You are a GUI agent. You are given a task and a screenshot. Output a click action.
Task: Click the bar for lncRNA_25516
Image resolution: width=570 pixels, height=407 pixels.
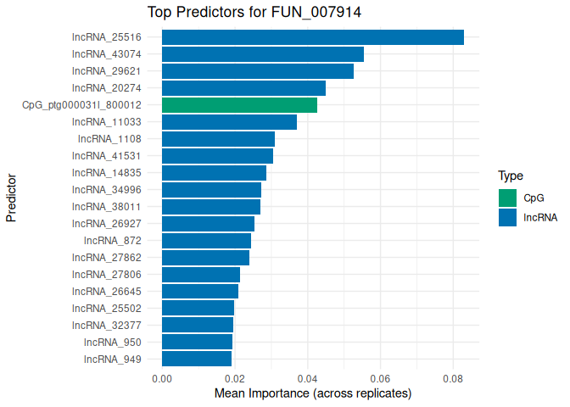(312, 37)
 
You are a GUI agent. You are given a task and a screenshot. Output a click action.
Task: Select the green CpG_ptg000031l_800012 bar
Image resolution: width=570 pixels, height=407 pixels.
(239, 105)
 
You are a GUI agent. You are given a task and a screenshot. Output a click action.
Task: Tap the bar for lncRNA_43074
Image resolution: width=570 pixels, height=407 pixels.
(262, 54)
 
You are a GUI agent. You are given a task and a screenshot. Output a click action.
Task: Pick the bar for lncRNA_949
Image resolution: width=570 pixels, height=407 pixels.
(197, 360)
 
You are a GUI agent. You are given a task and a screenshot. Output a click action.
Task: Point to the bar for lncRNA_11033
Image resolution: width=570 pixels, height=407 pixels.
(229, 122)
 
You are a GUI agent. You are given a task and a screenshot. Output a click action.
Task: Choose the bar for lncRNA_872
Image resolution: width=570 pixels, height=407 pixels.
(206, 241)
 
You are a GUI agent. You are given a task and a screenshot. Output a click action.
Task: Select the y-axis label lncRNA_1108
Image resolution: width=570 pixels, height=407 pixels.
(109, 139)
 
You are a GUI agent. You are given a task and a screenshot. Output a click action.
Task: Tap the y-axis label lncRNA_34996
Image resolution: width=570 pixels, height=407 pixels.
(106, 190)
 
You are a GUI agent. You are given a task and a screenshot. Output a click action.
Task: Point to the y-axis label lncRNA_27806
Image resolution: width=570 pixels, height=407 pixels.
(106, 275)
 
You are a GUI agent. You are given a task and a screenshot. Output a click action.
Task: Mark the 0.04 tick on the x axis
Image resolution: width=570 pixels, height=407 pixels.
(307, 379)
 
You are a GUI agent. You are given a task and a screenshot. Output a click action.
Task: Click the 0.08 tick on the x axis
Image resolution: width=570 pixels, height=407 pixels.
(453, 379)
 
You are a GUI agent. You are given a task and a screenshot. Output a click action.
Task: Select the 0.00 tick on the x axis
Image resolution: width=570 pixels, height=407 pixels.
(162, 379)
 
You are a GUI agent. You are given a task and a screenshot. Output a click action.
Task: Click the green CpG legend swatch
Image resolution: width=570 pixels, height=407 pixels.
(508, 198)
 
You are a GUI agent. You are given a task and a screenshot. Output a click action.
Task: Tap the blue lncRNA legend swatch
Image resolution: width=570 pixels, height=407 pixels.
(508, 217)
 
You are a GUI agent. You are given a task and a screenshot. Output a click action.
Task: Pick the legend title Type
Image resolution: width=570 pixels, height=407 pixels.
(511, 176)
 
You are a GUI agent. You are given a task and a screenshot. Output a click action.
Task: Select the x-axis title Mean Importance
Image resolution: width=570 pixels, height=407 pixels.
(312, 393)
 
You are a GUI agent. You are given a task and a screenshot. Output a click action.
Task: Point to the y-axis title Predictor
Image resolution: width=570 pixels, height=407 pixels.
(12, 198)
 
